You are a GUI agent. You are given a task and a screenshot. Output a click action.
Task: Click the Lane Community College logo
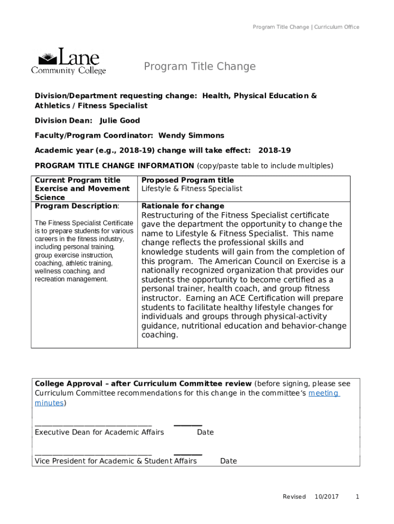coord(69,61)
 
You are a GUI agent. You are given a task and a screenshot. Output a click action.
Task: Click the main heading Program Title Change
coord(200,67)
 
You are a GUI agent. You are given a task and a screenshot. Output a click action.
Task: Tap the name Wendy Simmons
coord(191,135)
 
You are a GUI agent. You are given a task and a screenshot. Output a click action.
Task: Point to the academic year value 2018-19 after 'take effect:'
coord(274,150)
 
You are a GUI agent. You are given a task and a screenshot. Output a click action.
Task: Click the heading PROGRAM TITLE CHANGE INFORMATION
coord(114,165)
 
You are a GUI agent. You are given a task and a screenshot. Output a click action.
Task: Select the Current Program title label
coord(77,180)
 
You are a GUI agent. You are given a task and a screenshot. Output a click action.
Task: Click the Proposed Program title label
coord(187,180)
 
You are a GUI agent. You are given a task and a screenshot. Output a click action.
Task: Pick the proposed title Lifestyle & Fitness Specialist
coord(192,189)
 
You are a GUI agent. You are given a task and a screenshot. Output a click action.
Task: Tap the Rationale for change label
coord(183,206)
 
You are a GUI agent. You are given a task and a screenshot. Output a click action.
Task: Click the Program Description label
coord(76,206)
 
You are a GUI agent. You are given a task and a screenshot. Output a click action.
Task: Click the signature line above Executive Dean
coord(93,425)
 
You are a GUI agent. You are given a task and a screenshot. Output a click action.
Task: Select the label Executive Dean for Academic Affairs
coord(99,432)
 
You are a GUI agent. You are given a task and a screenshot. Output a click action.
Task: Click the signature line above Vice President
coord(93,454)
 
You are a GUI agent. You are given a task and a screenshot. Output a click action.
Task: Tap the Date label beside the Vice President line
coord(228,461)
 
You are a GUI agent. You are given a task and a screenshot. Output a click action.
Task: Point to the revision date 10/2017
coord(326,497)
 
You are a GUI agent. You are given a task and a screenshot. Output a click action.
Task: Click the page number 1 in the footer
coord(358,497)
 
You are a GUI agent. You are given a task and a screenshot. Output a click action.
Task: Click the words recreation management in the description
coord(71,279)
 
